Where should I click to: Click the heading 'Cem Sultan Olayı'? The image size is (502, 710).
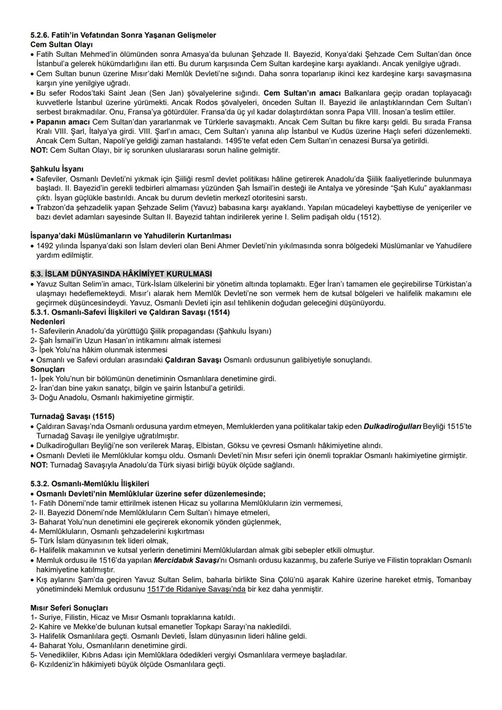pyautogui.click(x=61, y=45)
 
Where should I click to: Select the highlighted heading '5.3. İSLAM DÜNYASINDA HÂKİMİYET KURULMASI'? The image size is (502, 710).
pyautogui.click(x=121, y=274)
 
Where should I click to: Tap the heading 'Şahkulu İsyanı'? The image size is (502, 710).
pyautogui.click(x=57, y=169)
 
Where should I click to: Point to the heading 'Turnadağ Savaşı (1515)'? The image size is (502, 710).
pyautogui.click(x=72, y=416)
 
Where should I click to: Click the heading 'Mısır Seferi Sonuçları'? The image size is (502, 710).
pyautogui.click(x=69, y=608)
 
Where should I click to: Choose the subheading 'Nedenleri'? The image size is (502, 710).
pyautogui.click(x=47, y=321)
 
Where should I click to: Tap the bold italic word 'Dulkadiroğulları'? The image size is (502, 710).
pyautogui.click(x=392, y=426)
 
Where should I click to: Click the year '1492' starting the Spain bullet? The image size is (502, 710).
pyautogui.click(x=46, y=246)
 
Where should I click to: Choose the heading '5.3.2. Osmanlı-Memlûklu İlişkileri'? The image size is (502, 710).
pyautogui.click(x=90, y=484)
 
